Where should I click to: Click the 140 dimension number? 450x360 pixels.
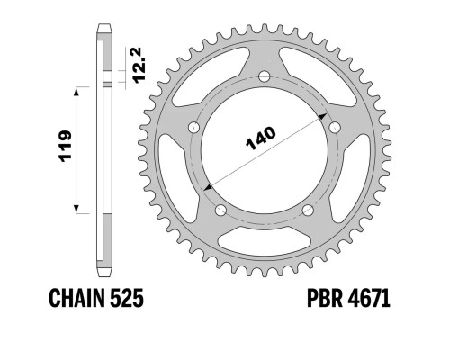tap(260, 139)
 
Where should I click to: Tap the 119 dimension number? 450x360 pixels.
tap(66, 147)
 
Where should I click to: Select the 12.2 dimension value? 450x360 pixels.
tap(139, 65)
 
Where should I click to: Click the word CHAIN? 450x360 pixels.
tap(76, 298)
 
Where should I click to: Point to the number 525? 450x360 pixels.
tap(127, 298)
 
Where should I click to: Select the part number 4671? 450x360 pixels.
tap(369, 298)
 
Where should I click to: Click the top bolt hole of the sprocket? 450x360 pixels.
tap(265, 76)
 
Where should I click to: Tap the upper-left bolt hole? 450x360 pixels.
tap(193, 128)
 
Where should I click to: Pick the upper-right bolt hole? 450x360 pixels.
tap(335, 128)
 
